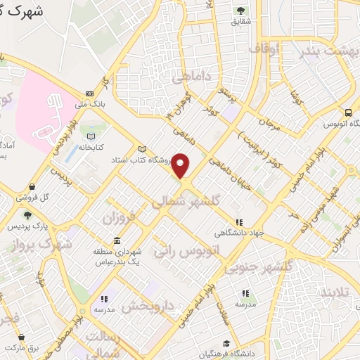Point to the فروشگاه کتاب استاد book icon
point(143,149)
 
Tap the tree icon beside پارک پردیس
point(27,215)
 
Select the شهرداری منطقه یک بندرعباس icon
point(116,240)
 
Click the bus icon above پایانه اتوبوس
point(348,112)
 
